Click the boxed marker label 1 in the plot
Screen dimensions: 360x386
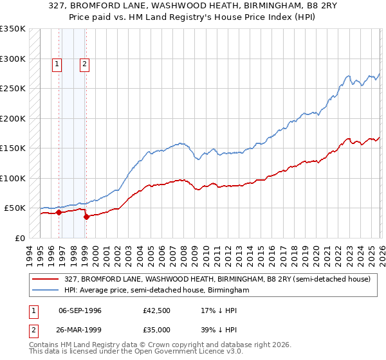tap(57, 64)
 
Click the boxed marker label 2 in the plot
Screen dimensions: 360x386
tap(85, 64)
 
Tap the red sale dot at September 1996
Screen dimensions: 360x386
tap(59, 212)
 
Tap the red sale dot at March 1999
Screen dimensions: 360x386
tap(86, 217)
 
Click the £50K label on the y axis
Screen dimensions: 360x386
tap(15, 208)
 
